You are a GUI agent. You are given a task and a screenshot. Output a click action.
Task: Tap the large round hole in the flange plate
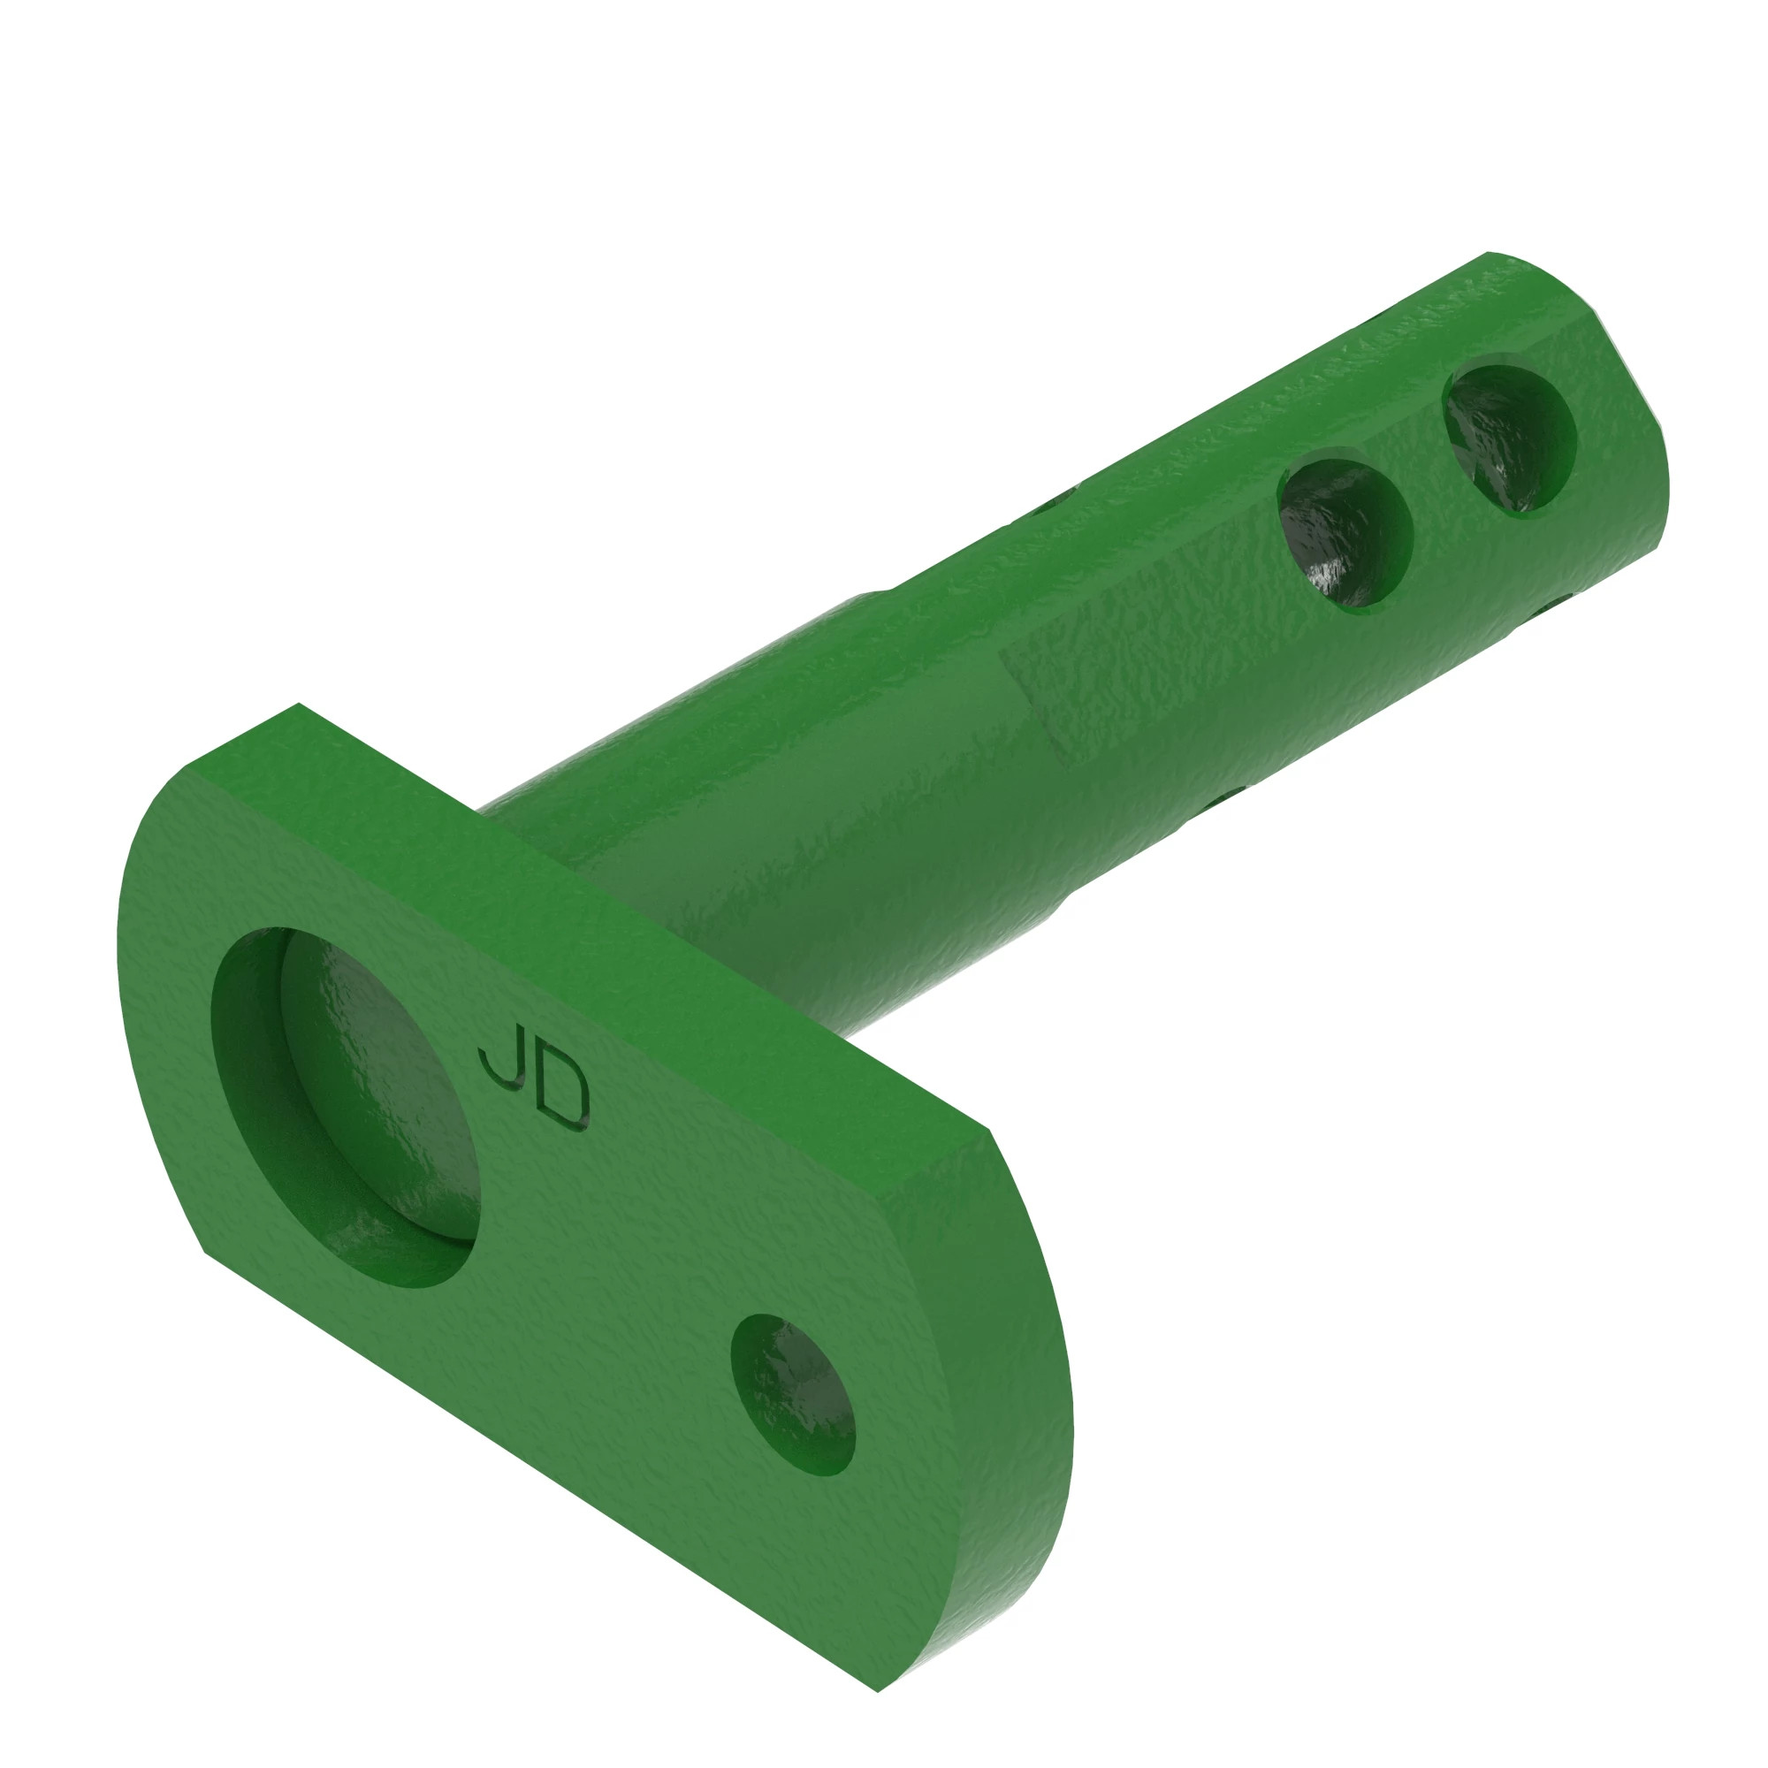(x=343, y=1108)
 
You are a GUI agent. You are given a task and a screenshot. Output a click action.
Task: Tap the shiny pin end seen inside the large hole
(x=385, y=1098)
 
